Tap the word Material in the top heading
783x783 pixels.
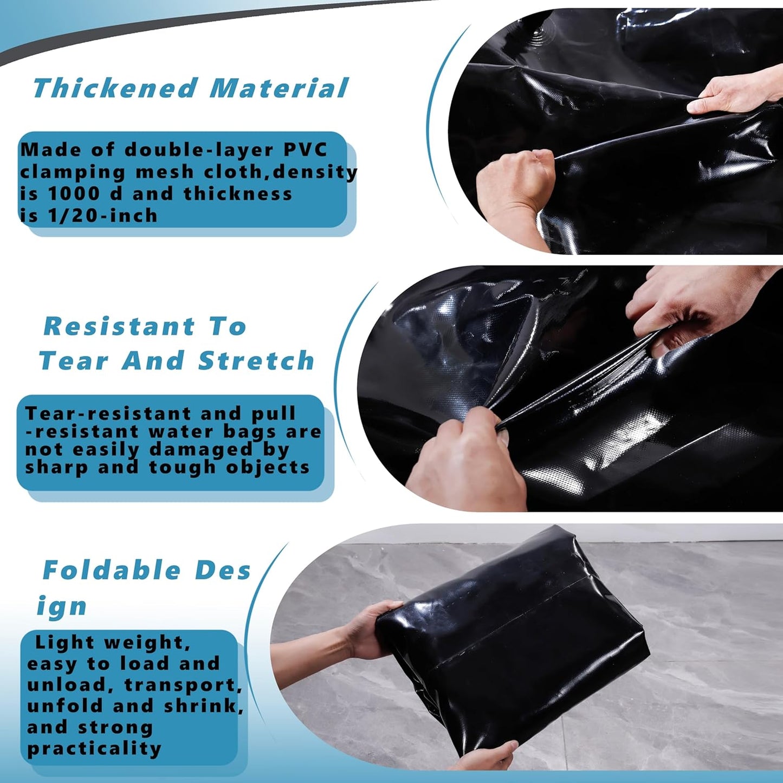[x=279, y=88]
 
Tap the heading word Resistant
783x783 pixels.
[x=119, y=326]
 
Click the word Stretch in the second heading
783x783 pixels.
[x=256, y=361]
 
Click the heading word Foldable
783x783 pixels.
[x=111, y=570]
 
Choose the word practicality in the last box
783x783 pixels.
[x=94, y=748]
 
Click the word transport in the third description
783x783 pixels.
[x=182, y=685]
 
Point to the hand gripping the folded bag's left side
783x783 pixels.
[x=368, y=629]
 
